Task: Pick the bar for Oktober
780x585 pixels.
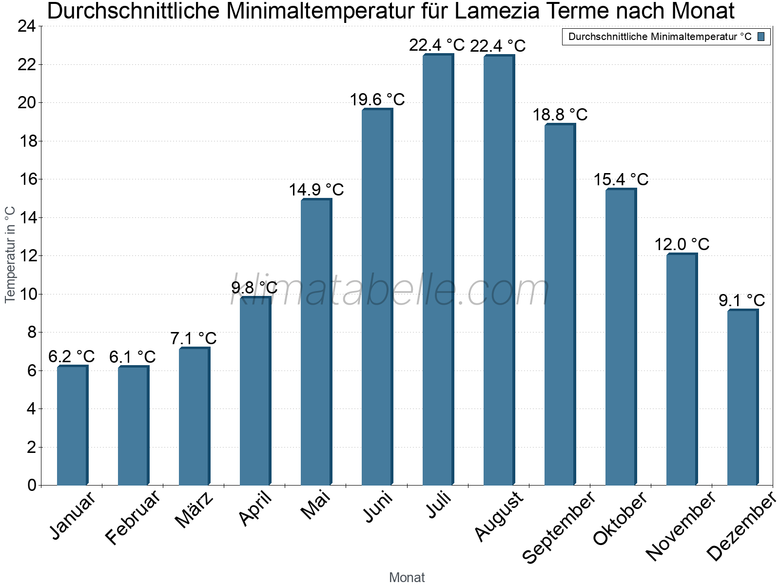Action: click(621, 337)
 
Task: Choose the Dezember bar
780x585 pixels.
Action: click(742, 397)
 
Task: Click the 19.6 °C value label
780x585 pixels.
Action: click(377, 99)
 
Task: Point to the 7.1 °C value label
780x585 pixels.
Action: click(194, 338)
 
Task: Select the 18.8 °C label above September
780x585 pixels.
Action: click(560, 115)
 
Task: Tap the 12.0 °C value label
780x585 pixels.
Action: click(682, 244)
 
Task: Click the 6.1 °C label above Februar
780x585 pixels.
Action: click(133, 357)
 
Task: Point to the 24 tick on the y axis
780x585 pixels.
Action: click(26, 26)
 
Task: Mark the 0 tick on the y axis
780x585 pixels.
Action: click(32, 485)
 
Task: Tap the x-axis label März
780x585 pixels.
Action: click(194, 510)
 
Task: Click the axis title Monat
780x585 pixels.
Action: click(407, 577)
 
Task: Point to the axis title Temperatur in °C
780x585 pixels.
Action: click(10, 254)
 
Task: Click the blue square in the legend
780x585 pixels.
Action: click(761, 37)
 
